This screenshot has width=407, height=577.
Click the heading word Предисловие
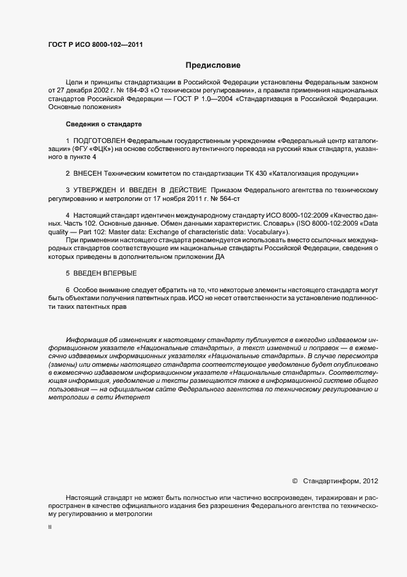click(x=212, y=65)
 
